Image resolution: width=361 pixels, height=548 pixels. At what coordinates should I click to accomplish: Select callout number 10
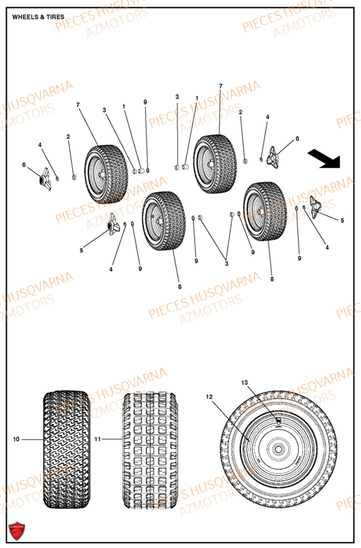coord(16,439)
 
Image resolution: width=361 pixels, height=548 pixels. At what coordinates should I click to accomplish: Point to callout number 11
coord(98,439)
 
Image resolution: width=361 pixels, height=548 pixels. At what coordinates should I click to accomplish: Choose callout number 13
coord(244,382)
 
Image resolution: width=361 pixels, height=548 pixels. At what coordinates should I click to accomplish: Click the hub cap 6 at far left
coord(43,180)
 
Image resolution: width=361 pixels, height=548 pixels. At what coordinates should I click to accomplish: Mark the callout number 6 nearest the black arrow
coord(298,139)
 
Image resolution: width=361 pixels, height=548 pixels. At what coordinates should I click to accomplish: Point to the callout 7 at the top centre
coord(220,86)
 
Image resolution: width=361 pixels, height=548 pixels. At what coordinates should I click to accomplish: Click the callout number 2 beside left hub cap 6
coord(68,136)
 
